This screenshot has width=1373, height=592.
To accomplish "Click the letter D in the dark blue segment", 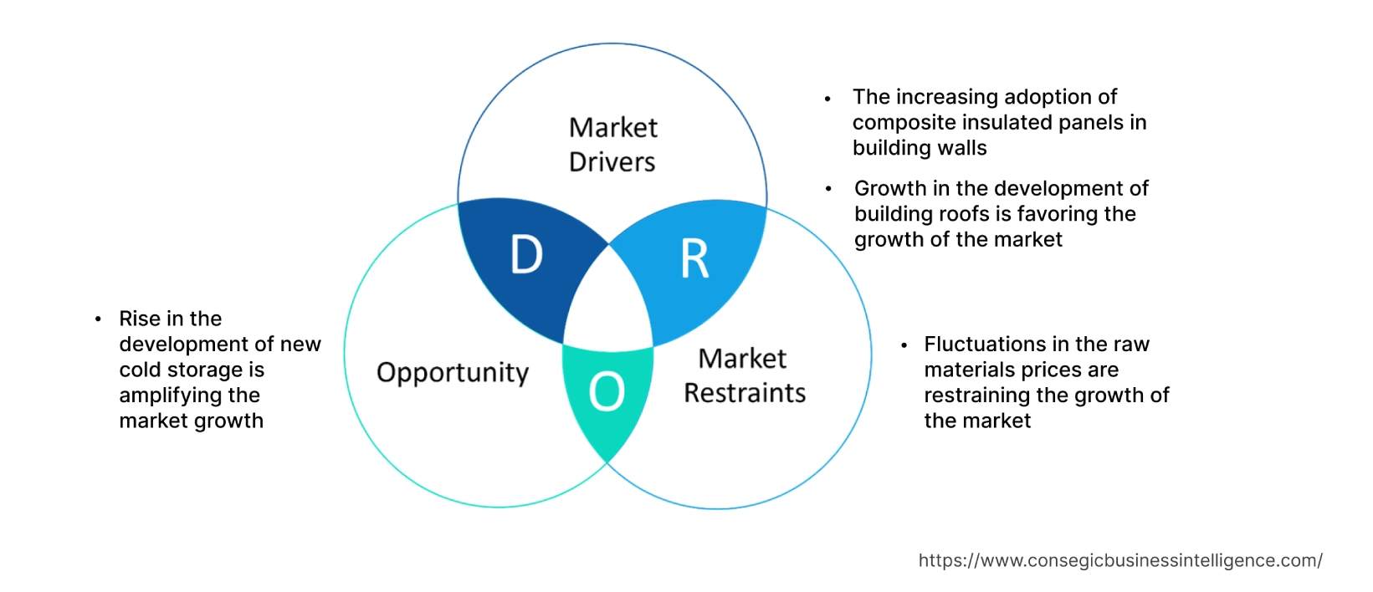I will tap(526, 254).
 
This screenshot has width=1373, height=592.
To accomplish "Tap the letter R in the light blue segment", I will tap(694, 258).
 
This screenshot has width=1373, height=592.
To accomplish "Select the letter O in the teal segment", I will tap(607, 391).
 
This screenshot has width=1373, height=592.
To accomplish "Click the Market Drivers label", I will tap(612, 145).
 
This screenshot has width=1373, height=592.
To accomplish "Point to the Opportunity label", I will tap(453, 372).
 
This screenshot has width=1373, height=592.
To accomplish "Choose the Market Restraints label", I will tap(744, 375).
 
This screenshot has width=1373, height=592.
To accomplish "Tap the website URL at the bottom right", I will tap(1119, 560).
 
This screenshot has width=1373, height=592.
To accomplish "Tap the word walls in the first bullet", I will tap(963, 148).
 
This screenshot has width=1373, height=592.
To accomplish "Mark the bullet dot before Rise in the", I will tap(98, 319).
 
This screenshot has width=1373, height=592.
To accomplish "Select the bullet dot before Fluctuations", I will tap(904, 345).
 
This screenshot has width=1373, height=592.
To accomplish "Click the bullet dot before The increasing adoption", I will tap(827, 99).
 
